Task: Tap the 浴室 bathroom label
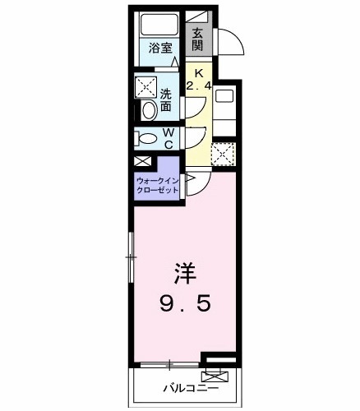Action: click(160, 48)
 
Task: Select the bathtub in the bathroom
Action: click(159, 24)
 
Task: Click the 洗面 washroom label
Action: click(167, 99)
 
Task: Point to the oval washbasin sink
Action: click(149, 110)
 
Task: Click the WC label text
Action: click(168, 138)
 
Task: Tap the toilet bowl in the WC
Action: click(146, 138)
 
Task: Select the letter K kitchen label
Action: click(197, 72)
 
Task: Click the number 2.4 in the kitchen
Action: click(198, 85)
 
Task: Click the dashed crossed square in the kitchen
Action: click(223, 152)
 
